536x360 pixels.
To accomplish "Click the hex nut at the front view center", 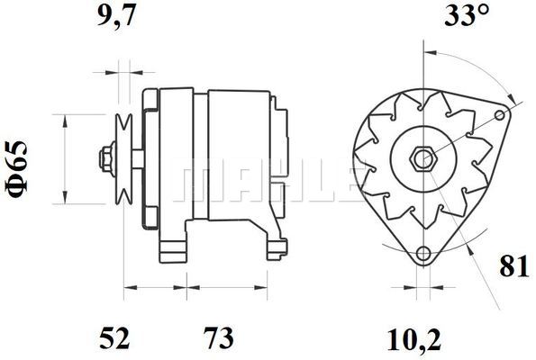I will coord(422,159).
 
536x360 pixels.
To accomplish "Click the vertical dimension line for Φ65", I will coord(66,159).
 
